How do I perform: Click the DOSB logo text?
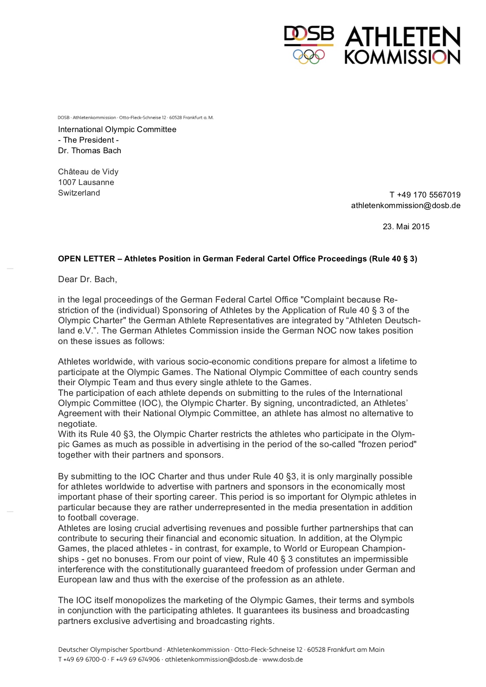[309, 34]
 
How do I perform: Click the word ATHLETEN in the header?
[403, 37]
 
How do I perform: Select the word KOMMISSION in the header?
[402, 57]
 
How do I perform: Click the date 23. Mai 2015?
[406, 227]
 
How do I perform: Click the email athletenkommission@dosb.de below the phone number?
[406, 205]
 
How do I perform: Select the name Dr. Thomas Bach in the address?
[89, 150]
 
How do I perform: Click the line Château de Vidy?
[88, 172]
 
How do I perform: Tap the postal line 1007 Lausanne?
[86, 182]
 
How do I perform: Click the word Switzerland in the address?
[79, 193]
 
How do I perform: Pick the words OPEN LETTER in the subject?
[87, 259]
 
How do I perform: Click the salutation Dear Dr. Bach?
[87, 279]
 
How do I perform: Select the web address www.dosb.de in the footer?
[283, 659]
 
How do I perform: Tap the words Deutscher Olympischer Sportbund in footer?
[110, 649]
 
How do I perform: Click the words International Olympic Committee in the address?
[117, 129]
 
